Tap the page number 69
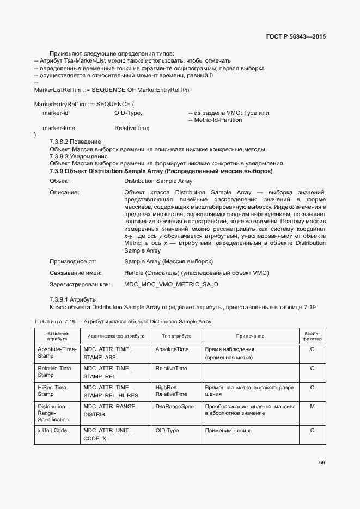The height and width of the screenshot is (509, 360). click(x=322, y=462)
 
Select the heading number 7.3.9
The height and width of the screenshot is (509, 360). click(x=58, y=171)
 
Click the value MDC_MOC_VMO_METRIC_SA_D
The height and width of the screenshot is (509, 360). click(x=171, y=284)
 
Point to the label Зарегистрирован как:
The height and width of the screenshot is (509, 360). click(x=80, y=284)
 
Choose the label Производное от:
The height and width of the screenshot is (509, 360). click(x=72, y=261)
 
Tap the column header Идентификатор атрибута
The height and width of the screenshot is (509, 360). click(x=115, y=336)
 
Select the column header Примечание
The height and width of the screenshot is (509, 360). click(x=250, y=336)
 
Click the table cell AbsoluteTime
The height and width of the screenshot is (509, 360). click(x=172, y=349)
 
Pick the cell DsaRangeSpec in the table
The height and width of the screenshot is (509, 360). click(x=174, y=407)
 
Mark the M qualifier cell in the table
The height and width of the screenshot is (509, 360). click(x=312, y=407)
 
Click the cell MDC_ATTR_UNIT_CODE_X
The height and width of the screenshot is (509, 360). click(x=107, y=434)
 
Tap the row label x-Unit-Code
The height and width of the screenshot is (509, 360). click(x=52, y=430)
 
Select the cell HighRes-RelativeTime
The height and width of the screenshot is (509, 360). click(x=171, y=390)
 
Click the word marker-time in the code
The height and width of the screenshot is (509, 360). click(x=59, y=128)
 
